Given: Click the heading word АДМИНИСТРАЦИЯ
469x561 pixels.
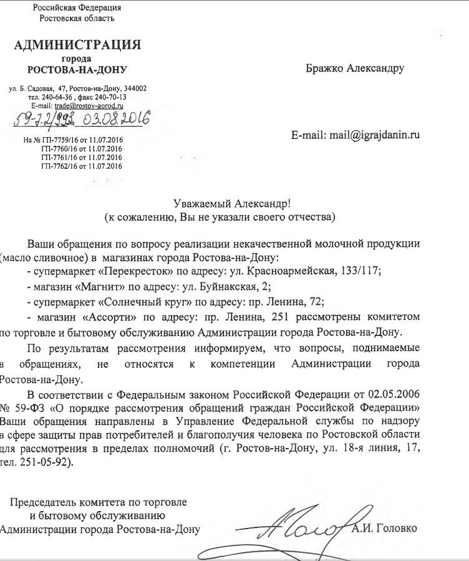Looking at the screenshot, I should pyautogui.click(x=78, y=45).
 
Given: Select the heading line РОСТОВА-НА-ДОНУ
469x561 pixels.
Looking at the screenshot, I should pyautogui.click(x=77, y=69).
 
